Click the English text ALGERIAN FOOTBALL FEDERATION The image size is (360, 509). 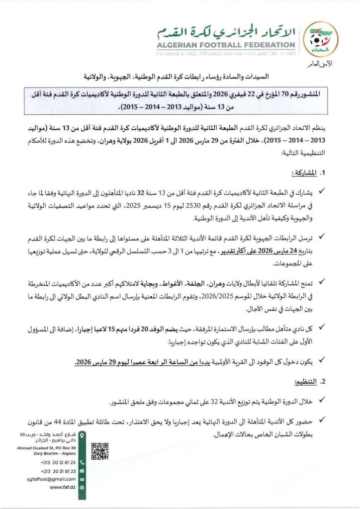tap(227, 44)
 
